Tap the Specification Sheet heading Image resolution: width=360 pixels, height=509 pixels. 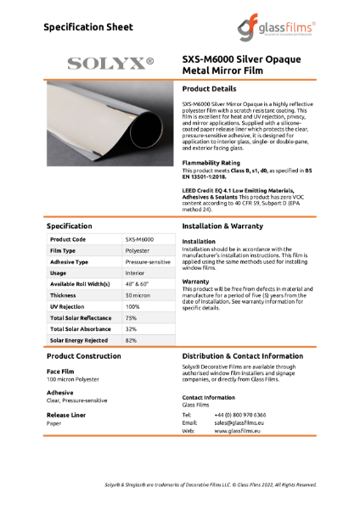[x=88, y=26]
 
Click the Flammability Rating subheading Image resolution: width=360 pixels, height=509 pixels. [x=210, y=163]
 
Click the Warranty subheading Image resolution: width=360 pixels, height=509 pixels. [x=195, y=281]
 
